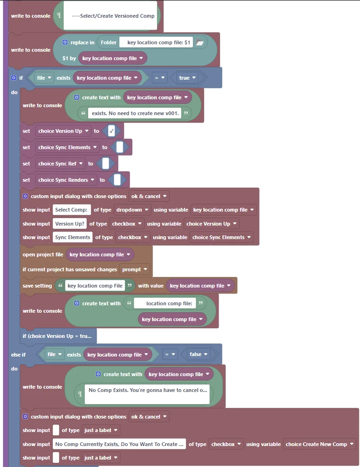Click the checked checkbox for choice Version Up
(x=111, y=131)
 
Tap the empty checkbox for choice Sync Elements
(x=119, y=147)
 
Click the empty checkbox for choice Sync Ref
(x=105, y=164)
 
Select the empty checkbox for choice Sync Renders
(x=117, y=180)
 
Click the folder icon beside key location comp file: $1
(x=200, y=42)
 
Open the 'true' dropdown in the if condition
(x=187, y=78)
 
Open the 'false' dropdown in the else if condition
(x=198, y=354)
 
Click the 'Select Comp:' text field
(x=71, y=210)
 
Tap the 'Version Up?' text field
(x=70, y=224)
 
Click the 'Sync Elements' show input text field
(x=72, y=237)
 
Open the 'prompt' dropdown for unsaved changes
(x=134, y=269)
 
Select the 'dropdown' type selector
(x=132, y=210)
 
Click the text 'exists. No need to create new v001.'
(x=135, y=113)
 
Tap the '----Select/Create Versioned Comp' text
(x=113, y=16)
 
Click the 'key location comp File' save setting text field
(x=95, y=286)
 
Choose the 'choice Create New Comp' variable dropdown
(x=319, y=444)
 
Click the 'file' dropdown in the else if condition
(x=55, y=354)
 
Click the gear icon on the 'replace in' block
(x=65, y=42)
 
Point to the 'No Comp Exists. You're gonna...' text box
(x=147, y=394)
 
